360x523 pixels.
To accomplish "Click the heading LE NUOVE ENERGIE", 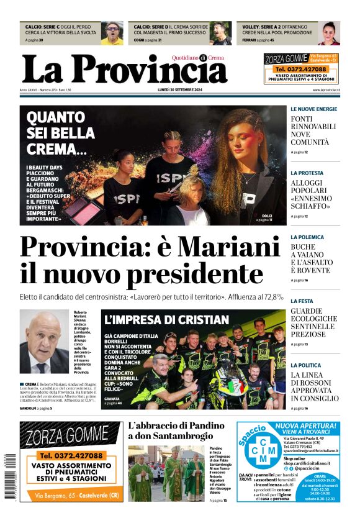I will (314, 109).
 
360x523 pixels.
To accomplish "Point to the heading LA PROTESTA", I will (307, 173).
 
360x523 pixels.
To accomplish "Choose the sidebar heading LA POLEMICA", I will (307, 237).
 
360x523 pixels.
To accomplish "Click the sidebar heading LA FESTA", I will (302, 301).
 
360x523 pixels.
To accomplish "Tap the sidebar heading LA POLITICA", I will (306, 365).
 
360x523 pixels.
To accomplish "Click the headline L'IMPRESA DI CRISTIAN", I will (167, 320).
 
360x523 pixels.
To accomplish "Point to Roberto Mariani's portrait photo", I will (44, 341).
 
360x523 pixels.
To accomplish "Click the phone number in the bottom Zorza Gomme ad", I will (71, 455).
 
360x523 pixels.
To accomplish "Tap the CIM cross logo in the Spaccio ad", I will (261, 453).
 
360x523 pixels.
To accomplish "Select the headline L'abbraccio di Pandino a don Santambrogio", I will (176, 430).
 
